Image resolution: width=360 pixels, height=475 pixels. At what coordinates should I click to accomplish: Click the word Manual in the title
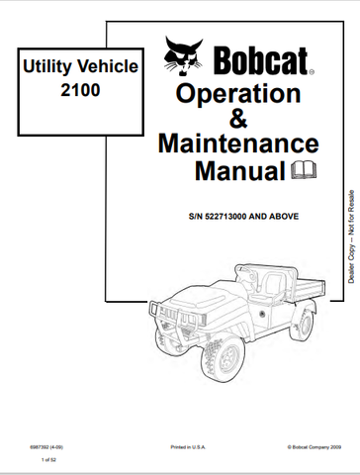pos(225,171)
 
